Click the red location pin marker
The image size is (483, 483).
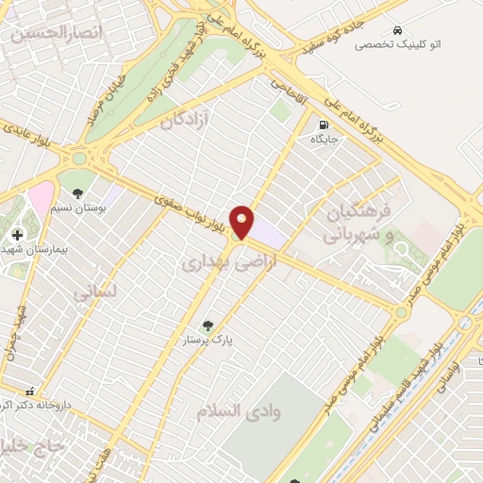point(242,222)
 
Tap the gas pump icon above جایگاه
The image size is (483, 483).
point(325,125)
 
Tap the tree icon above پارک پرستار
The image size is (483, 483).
point(208,325)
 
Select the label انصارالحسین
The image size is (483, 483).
point(42,33)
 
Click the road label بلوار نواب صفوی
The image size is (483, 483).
point(193,201)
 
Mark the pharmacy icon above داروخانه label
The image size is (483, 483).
point(30,390)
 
